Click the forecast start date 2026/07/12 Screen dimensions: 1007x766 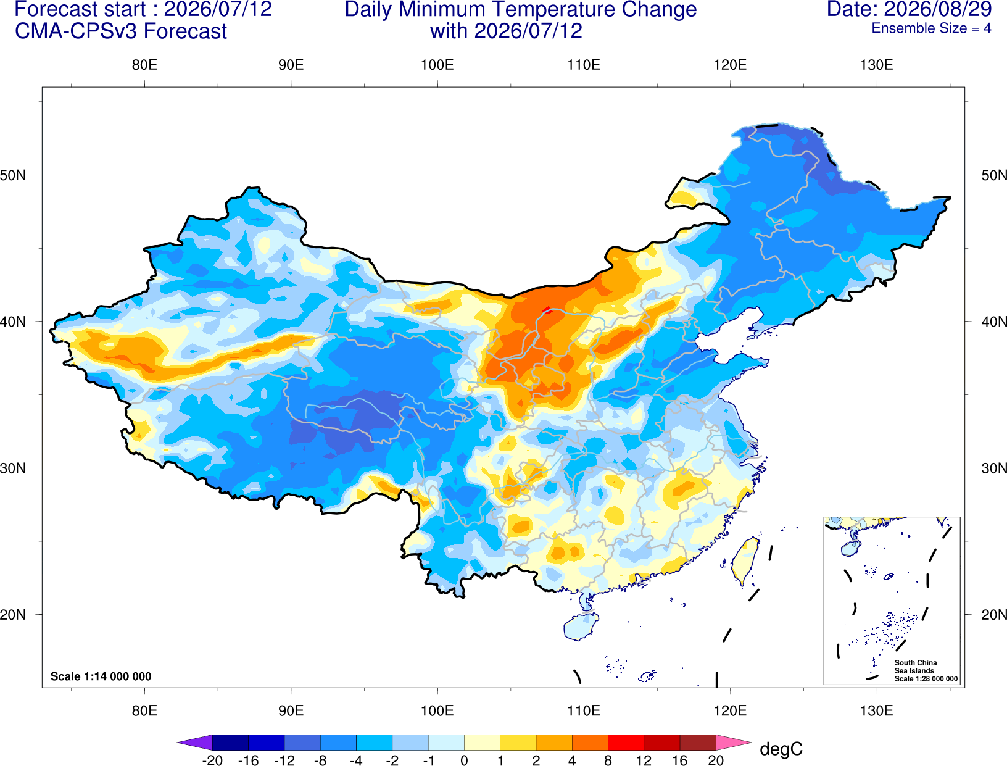[x=218, y=9]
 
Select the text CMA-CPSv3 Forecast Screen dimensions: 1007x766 [x=121, y=31]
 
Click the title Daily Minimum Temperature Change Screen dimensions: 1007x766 [x=520, y=10]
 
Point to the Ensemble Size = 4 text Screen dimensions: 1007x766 [x=931, y=28]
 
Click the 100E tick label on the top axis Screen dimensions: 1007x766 [x=437, y=65]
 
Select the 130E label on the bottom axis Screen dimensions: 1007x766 [x=876, y=711]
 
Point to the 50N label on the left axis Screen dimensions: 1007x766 [x=13, y=175]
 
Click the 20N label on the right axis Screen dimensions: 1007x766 [x=993, y=614]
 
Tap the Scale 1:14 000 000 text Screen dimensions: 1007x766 [x=101, y=676]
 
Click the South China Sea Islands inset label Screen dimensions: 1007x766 [x=926, y=670]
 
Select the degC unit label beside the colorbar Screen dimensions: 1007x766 [x=781, y=749]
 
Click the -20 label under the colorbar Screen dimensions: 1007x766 [x=212, y=760]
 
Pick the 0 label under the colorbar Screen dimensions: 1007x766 [x=464, y=760]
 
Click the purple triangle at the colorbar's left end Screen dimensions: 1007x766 [x=195, y=742]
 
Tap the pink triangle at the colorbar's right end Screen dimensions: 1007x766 [x=734, y=742]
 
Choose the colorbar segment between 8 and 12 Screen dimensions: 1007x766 [x=626, y=742]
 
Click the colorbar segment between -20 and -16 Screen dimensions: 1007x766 [x=230, y=742]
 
